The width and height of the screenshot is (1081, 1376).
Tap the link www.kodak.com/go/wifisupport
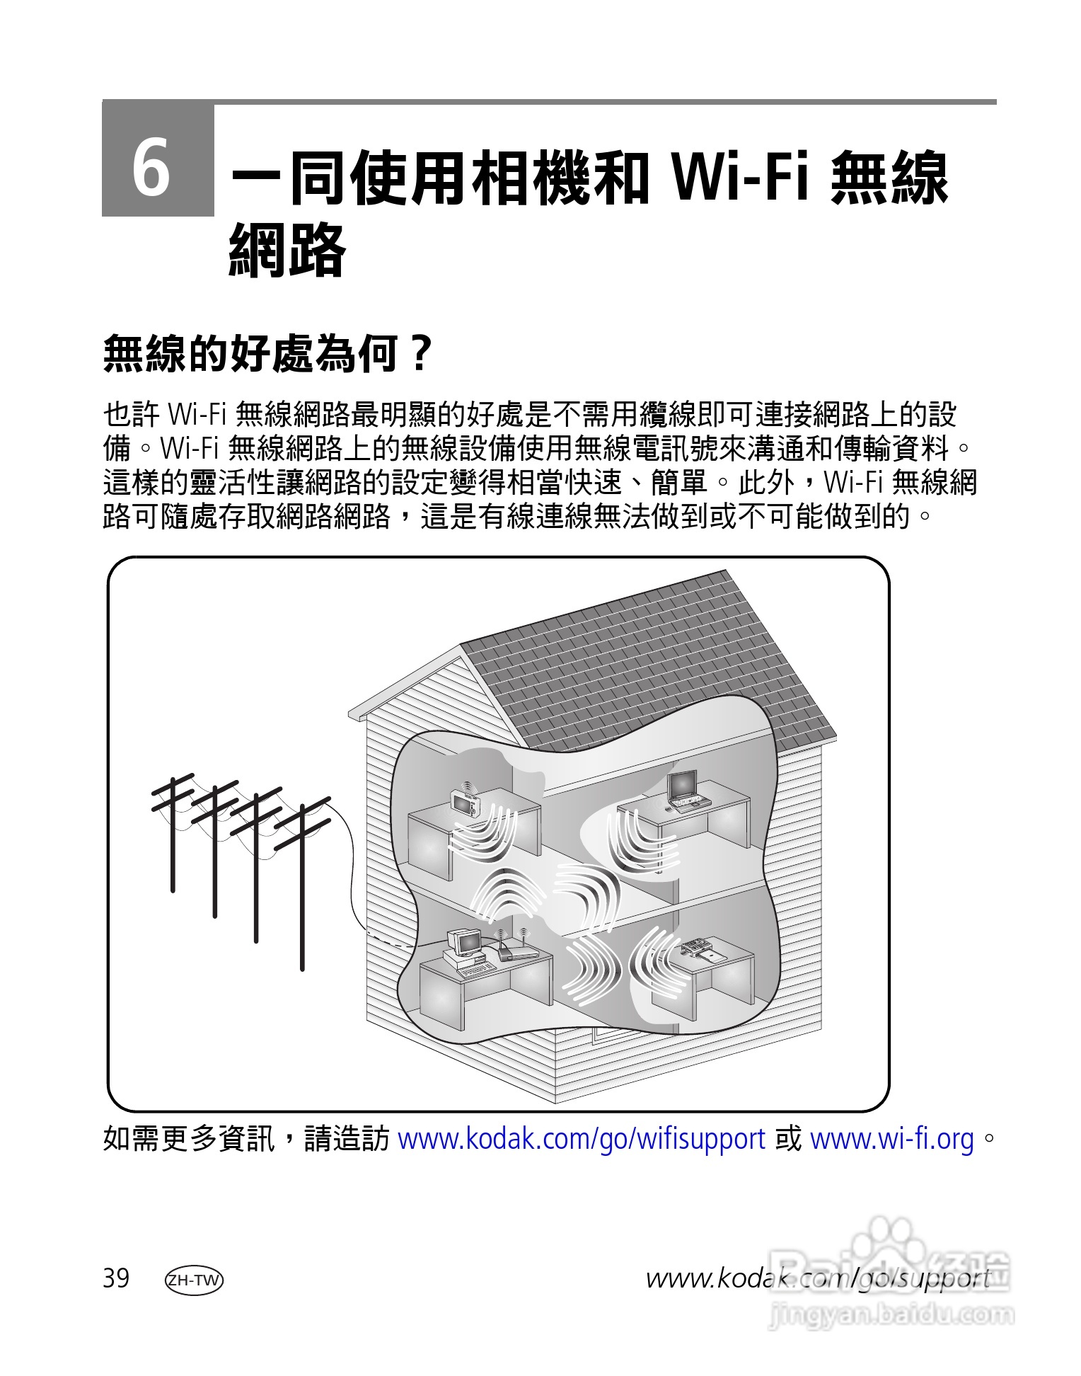582,1139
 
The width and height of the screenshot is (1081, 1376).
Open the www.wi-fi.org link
891,1139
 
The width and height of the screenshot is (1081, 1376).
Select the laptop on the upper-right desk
684,791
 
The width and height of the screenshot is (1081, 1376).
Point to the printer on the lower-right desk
700,949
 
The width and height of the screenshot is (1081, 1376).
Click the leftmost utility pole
171,835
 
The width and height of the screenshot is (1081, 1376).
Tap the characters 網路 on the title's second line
287,250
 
